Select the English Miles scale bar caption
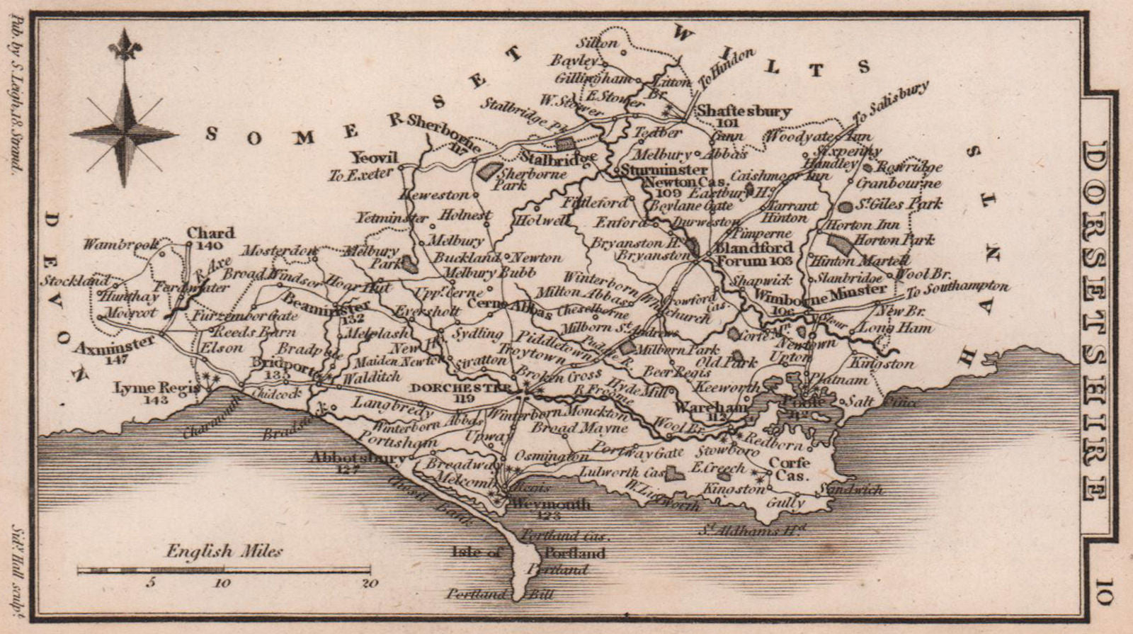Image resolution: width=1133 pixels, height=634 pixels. [x=224, y=551]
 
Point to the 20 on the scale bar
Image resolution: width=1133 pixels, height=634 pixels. [x=369, y=584]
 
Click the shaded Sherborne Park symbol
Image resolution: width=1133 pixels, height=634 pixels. [x=488, y=171]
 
